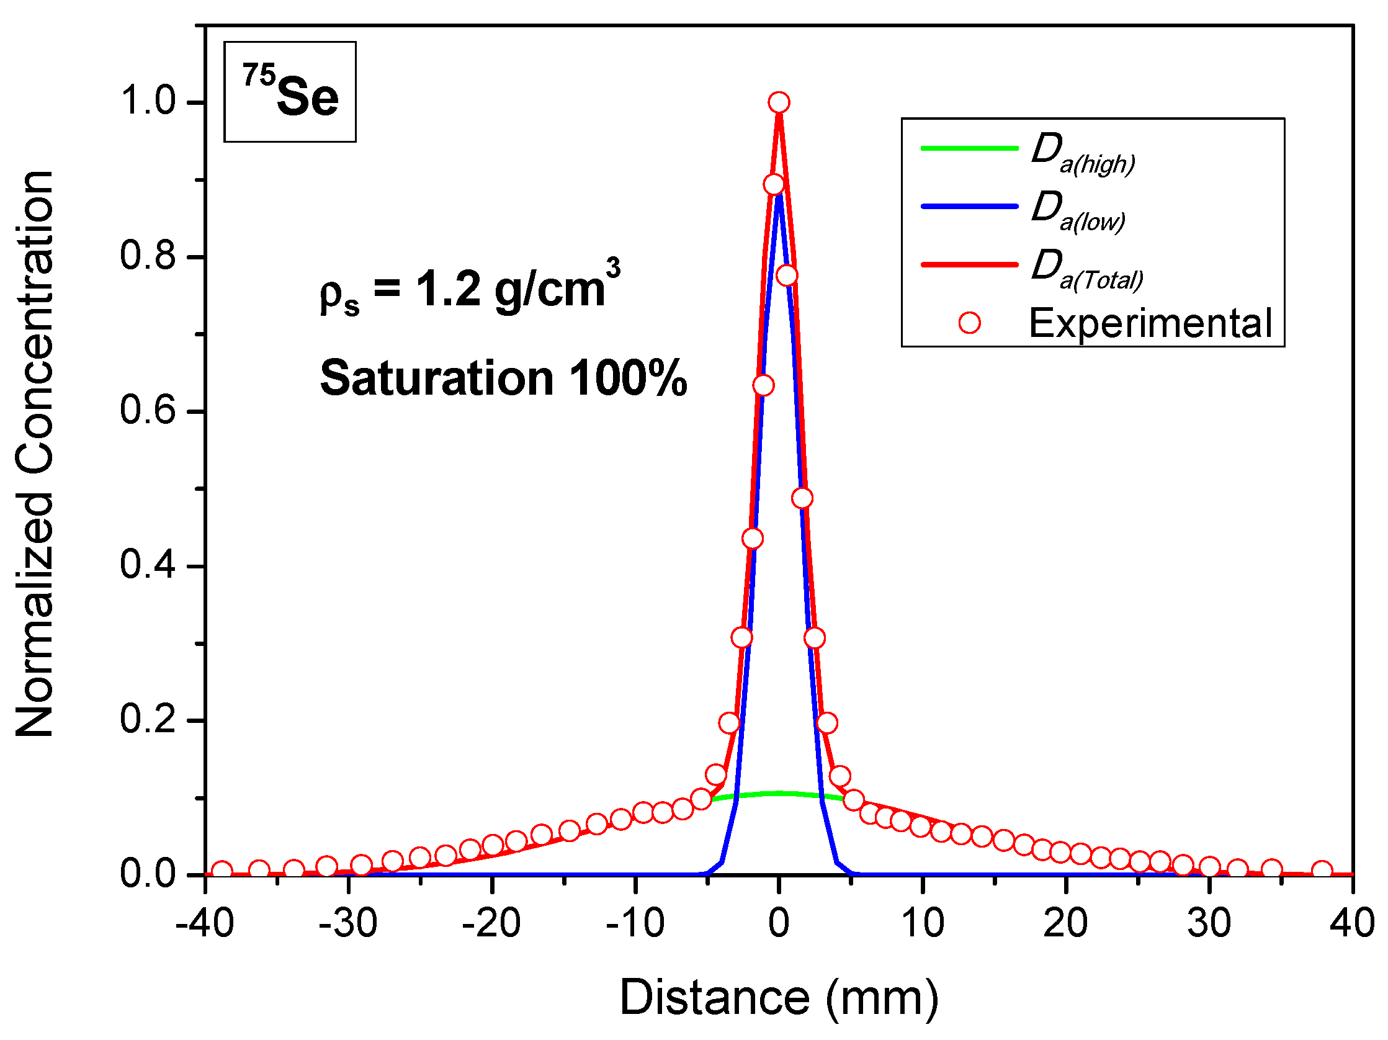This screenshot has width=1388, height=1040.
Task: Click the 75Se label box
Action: pyautogui.click(x=290, y=92)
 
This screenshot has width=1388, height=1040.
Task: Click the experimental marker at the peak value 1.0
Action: pyautogui.click(x=779, y=102)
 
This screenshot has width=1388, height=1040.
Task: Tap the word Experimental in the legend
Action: pyautogui.click(x=1150, y=324)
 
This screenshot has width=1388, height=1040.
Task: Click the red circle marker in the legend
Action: pyautogui.click(x=969, y=323)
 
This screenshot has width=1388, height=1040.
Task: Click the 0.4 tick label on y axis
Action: pyautogui.click(x=148, y=565)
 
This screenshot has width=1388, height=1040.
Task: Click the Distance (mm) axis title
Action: pyautogui.click(x=779, y=997)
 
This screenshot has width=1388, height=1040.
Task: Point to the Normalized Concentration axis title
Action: pyautogui.click(x=35, y=453)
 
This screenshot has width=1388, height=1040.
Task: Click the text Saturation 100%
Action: pyautogui.click(x=503, y=379)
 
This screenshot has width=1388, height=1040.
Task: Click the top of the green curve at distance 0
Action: pyautogui.click(x=779, y=793)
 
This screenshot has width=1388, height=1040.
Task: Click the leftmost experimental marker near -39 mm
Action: pyautogui.click(x=222, y=871)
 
